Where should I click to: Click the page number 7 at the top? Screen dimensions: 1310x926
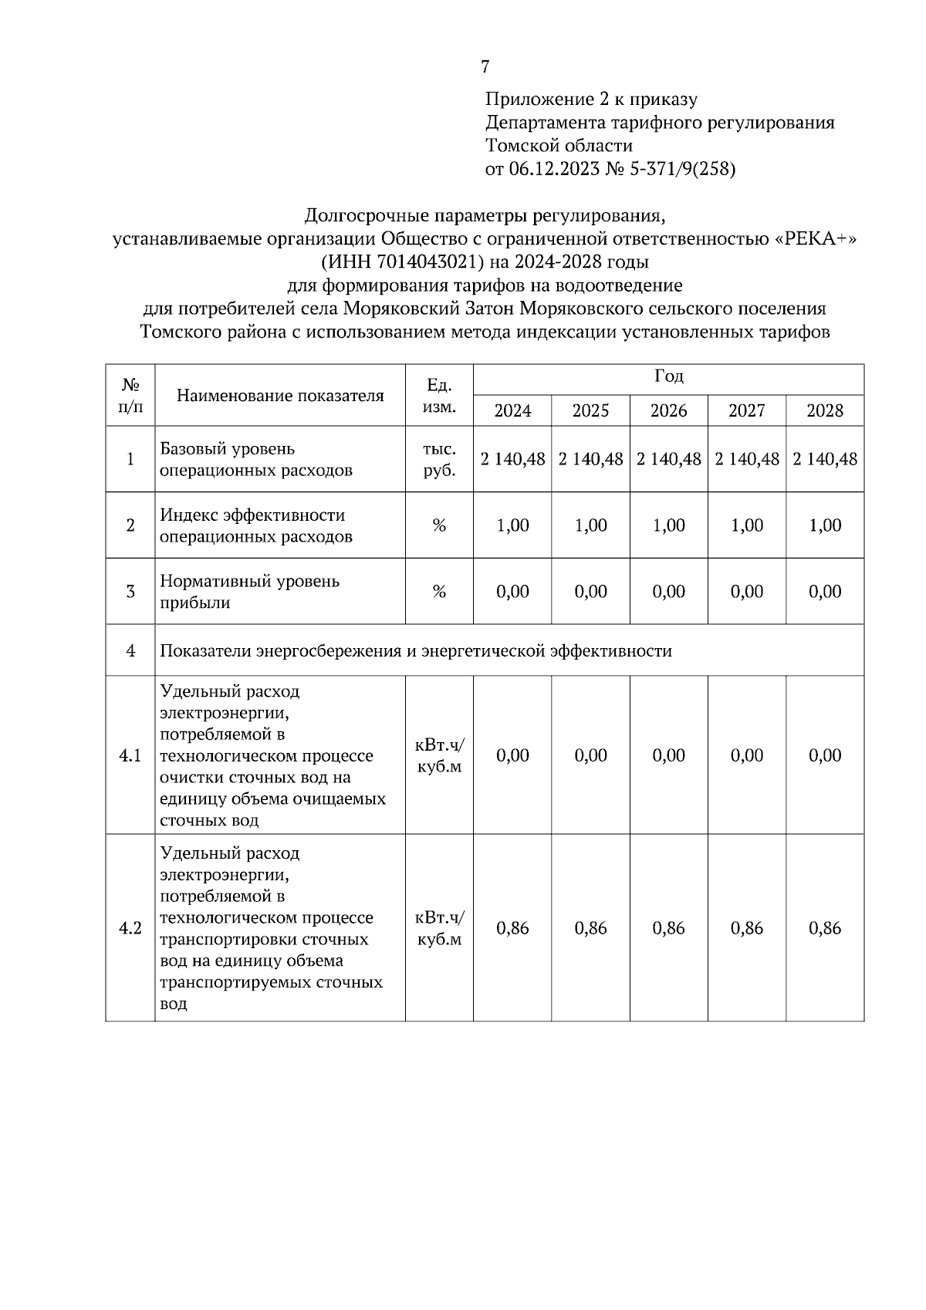[x=485, y=67]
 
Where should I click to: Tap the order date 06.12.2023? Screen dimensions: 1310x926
[x=553, y=169]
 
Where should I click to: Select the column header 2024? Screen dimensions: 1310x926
[x=512, y=410]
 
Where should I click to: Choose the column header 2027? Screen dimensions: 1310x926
[x=746, y=410]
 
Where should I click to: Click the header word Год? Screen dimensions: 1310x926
[x=668, y=377]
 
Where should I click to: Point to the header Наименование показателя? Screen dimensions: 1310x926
[x=280, y=396]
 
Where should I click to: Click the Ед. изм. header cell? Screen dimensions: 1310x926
[x=439, y=395]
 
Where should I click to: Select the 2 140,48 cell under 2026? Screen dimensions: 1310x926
[x=668, y=459]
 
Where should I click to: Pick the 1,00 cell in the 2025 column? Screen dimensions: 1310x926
[x=590, y=525]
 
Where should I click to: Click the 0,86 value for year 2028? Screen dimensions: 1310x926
[x=824, y=928]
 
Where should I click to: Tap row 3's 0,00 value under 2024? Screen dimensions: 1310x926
[x=512, y=592]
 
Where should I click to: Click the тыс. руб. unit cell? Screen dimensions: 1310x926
[x=439, y=460]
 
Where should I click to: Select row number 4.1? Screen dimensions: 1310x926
[x=130, y=755]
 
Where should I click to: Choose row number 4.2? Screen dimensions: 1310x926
[x=130, y=928]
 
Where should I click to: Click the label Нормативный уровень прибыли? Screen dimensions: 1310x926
[x=249, y=592]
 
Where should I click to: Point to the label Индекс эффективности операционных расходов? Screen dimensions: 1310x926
[x=255, y=525]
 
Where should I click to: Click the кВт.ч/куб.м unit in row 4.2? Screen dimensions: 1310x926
[x=439, y=928]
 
